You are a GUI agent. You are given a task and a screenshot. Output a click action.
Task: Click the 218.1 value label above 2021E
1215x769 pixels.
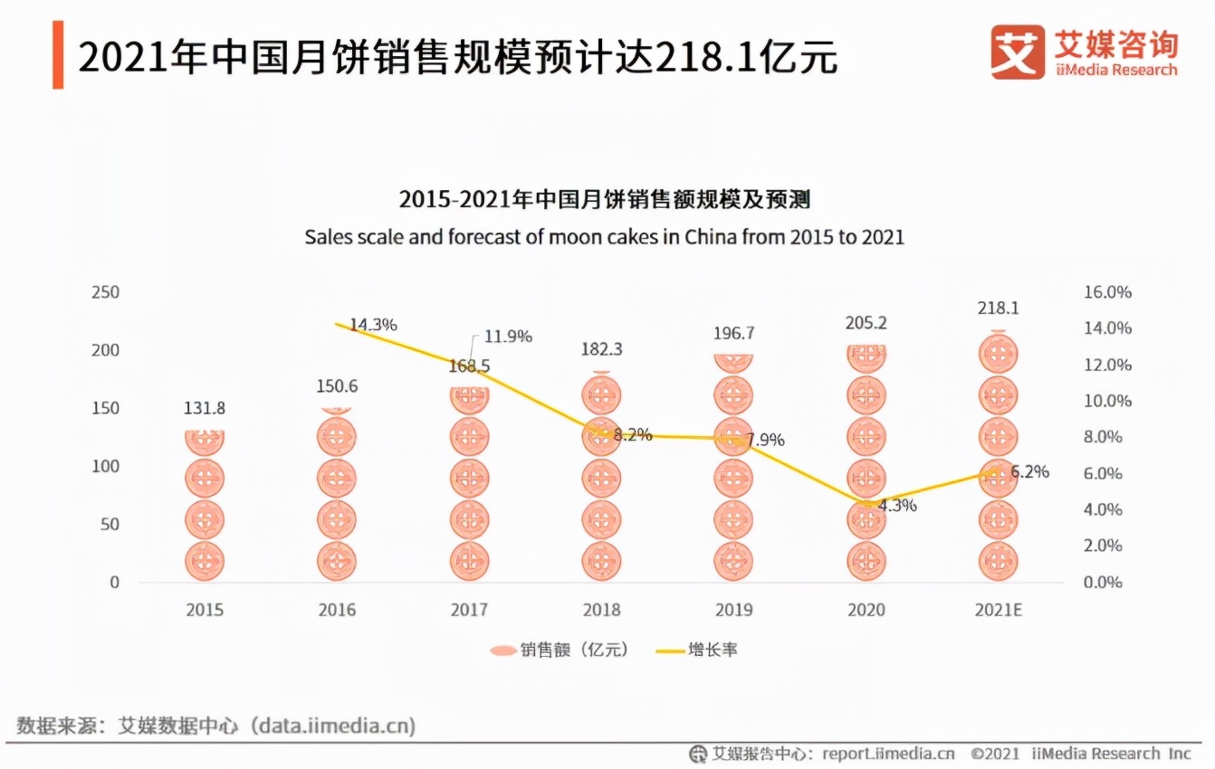tap(998, 309)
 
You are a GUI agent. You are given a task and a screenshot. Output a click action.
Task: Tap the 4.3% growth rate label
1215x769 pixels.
tap(896, 505)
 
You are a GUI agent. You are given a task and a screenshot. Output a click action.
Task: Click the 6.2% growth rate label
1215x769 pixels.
tap(1029, 471)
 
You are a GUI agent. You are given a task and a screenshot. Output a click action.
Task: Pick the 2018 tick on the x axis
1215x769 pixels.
tap(601, 610)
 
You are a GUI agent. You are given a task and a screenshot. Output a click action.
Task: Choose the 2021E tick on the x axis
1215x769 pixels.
tap(998, 610)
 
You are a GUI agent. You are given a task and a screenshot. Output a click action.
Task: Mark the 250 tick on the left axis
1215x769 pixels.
tap(105, 292)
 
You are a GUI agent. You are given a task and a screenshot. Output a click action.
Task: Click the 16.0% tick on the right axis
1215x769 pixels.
tap(1107, 292)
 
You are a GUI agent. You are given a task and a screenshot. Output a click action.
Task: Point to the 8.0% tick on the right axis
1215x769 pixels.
tap(1103, 437)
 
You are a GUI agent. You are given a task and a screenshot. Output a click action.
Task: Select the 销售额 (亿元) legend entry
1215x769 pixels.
tap(559, 650)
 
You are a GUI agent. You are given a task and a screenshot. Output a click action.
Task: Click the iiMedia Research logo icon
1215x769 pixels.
tap(1018, 52)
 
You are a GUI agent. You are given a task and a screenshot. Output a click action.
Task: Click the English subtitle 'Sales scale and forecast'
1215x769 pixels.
tap(604, 237)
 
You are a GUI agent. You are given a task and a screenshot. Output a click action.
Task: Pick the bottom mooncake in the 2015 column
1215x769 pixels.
tap(205, 561)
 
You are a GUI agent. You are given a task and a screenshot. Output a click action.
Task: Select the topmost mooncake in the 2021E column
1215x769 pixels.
tap(998, 353)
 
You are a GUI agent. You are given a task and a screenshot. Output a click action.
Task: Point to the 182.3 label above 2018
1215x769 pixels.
tap(601, 349)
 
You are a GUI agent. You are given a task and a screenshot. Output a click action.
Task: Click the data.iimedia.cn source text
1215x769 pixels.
tap(332, 726)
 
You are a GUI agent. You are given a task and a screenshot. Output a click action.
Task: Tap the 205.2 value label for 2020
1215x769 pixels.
tap(866, 324)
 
